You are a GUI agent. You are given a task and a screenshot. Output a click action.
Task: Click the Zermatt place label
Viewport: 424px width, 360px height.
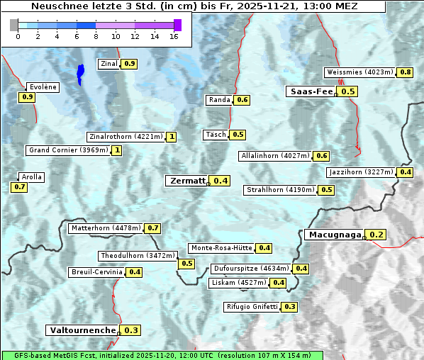pos(186,181)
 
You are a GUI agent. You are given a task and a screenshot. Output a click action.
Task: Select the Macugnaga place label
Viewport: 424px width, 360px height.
pos(334,235)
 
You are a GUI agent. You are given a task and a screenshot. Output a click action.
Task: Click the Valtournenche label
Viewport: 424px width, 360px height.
pos(82,330)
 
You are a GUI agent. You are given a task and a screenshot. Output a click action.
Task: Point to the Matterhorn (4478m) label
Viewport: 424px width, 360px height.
pos(105,228)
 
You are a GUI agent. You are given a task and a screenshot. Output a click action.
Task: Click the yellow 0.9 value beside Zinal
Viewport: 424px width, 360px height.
pos(129,64)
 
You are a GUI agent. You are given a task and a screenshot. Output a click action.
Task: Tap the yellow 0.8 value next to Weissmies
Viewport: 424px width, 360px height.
pos(406,72)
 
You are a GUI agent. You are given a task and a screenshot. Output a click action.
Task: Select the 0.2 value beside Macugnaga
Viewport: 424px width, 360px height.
pos(376,235)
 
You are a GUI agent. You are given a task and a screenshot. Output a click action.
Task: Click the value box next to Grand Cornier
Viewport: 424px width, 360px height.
pos(117,150)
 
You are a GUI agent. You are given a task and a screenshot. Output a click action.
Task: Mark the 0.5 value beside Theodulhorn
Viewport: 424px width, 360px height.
pos(186,264)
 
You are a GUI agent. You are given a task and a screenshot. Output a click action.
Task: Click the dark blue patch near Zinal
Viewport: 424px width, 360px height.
pos(80,73)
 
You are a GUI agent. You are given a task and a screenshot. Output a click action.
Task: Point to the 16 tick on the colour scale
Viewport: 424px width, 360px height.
pos(174,36)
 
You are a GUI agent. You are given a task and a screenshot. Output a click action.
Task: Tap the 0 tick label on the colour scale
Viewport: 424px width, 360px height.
pos(18,36)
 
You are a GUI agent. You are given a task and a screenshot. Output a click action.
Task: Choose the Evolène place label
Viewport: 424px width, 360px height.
pos(43,86)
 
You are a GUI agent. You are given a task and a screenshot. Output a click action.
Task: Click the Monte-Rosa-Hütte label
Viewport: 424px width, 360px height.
pos(221,248)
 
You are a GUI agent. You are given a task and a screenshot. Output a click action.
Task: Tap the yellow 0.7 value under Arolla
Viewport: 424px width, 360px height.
pos(20,187)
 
